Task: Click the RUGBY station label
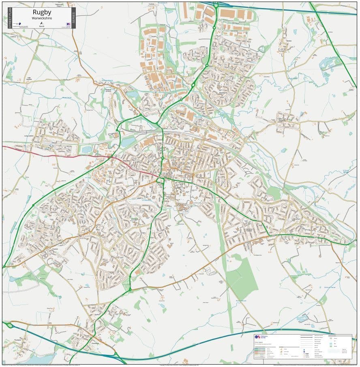pos(167,133)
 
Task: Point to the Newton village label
pos(289,41)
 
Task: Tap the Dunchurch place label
pos(95,341)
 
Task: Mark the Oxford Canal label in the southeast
pos(330,287)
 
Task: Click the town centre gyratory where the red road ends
pos(161,180)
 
